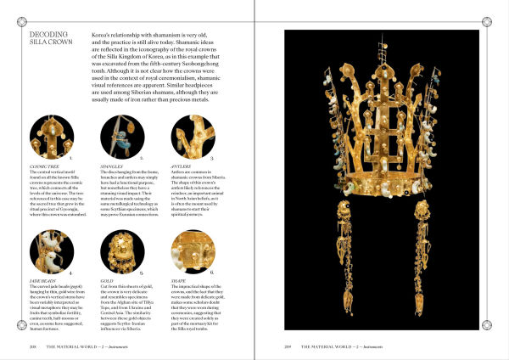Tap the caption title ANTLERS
tap(184, 165)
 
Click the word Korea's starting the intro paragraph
tap(102, 36)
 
